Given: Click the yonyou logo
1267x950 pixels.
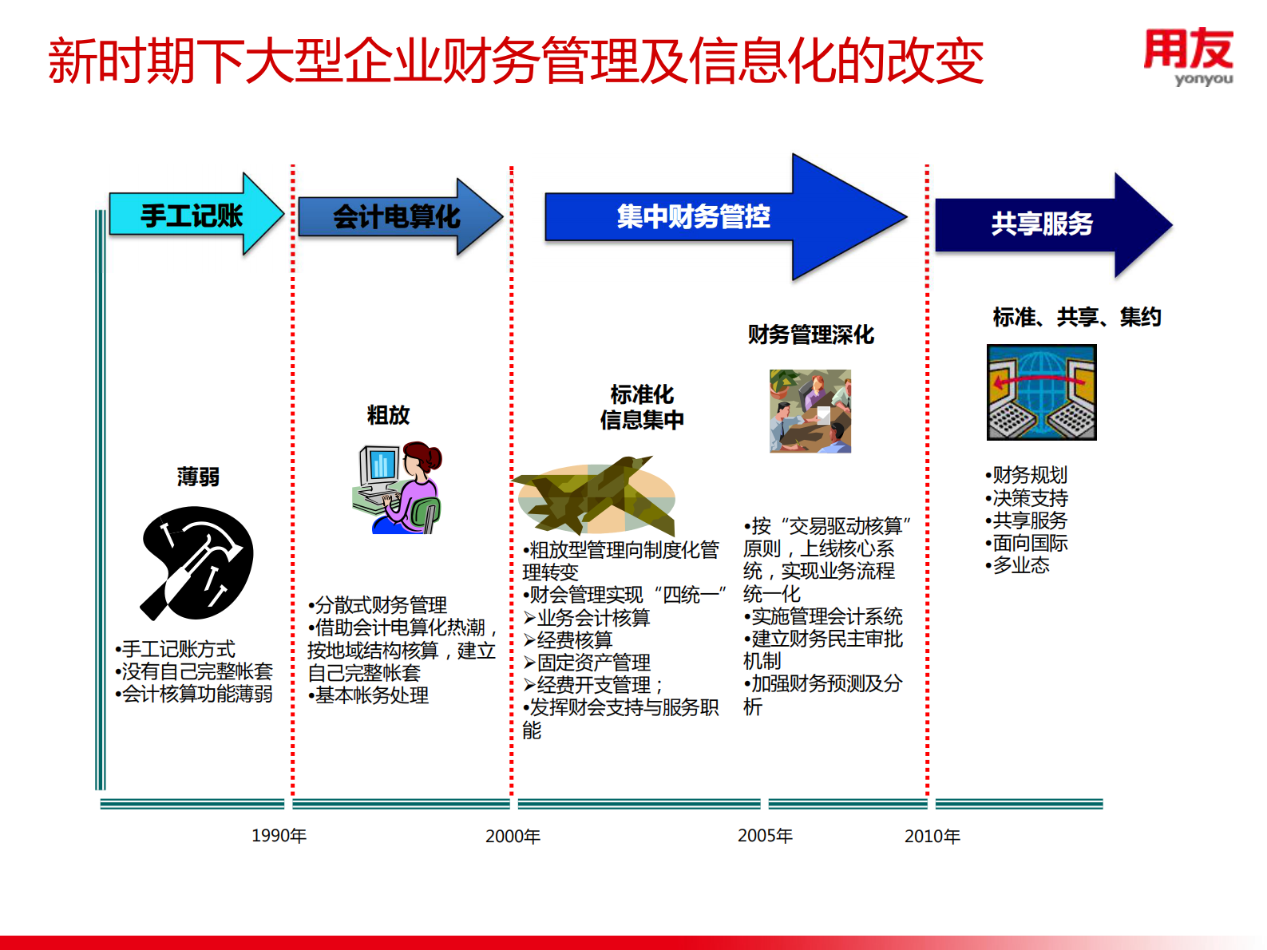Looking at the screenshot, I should [x=1188, y=56].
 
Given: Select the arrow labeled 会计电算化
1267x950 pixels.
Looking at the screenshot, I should [x=397, y=216].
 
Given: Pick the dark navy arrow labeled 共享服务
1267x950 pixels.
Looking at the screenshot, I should [x=1042, y=224].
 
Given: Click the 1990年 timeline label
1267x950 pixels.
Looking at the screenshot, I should [x=279, y=836].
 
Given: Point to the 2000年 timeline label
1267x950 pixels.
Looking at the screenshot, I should [x=513, y=837].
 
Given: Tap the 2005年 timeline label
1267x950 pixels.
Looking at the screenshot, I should [x=765, y=836].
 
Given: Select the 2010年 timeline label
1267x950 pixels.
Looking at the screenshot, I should [x=932, y=837].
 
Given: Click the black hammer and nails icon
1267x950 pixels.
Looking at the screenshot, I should [x=197, y=564].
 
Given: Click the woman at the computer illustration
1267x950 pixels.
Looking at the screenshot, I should [x=397, y=489].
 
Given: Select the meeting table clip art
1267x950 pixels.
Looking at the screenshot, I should [x=810, y=411].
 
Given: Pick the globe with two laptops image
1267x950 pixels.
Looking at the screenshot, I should [x=1041, y=392].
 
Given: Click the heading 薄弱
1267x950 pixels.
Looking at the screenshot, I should [x=198, y=477].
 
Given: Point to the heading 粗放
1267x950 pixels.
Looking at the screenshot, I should [x=388, y=415].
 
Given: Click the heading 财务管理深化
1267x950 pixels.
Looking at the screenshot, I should [x=810, y=334].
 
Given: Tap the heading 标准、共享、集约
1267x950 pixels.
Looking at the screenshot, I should [x=1076, y=317].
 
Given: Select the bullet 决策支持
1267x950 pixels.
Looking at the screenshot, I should [x=1029, y=498].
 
